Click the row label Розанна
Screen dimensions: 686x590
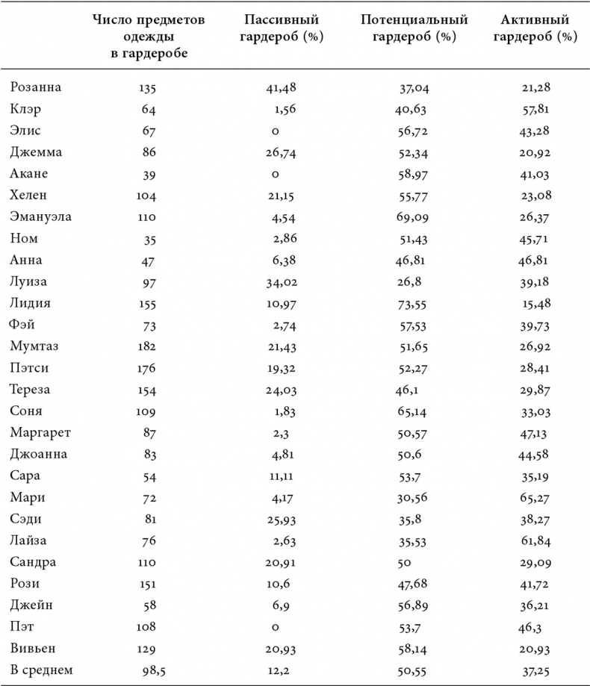pos(35,87)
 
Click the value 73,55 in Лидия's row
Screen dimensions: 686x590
pos(413,303)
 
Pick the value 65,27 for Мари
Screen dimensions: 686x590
pos(538,497)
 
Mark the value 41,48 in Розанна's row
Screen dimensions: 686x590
pos(281,87)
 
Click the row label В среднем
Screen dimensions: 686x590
pos(42,670)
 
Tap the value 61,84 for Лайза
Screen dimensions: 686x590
pos(538,540)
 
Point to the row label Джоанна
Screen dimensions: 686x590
pos(39,454)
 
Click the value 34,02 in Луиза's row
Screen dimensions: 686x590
pos(281,281)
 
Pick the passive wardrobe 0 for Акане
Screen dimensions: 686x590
pos(276,174)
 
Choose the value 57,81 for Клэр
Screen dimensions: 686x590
pos(538,109)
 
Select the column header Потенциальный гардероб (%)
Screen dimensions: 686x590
pos(413,28)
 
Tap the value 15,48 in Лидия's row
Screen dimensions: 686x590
pos(538,303)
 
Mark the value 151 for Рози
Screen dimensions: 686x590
pos(147,583)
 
